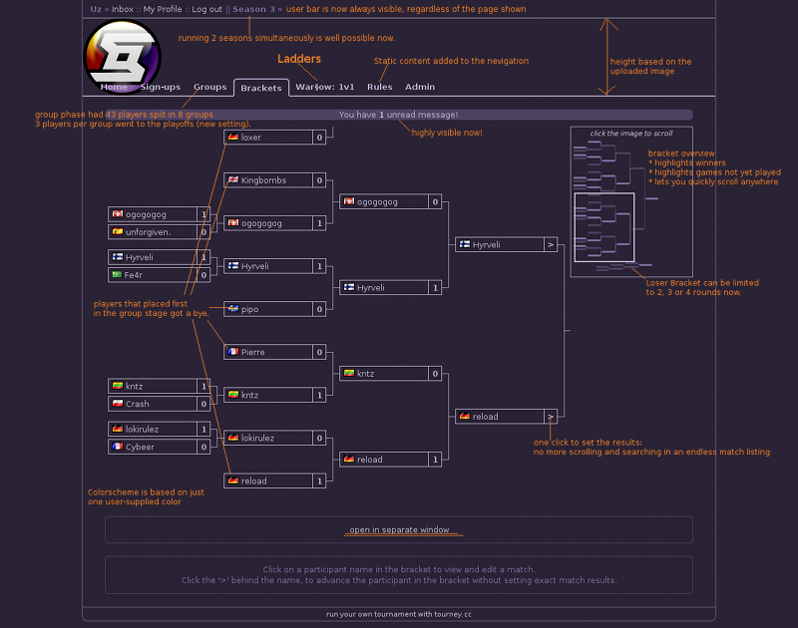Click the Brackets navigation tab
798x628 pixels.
(261, 88)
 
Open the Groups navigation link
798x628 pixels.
(209, 87)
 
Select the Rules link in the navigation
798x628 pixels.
(380, 87)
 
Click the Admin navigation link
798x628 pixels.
(420, 87)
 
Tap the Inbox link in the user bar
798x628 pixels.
(123, 9)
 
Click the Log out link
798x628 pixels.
(206, 9)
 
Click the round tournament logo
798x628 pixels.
(122, 57)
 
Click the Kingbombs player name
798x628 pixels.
(263, 180)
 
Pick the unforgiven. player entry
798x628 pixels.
(153, 232)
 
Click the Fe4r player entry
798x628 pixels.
(153, 274)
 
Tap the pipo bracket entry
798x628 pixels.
(268, 309)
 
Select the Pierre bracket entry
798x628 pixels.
(268, 352)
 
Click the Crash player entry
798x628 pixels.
(153, 404)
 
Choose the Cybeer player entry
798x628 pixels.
(153, 447)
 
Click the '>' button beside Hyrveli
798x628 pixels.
(551, 244)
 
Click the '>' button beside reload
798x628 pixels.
(551, 417)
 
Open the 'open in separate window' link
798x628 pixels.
(399, 530)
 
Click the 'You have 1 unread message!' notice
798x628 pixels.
(398, 115)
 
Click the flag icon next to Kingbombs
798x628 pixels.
(233, 179)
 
